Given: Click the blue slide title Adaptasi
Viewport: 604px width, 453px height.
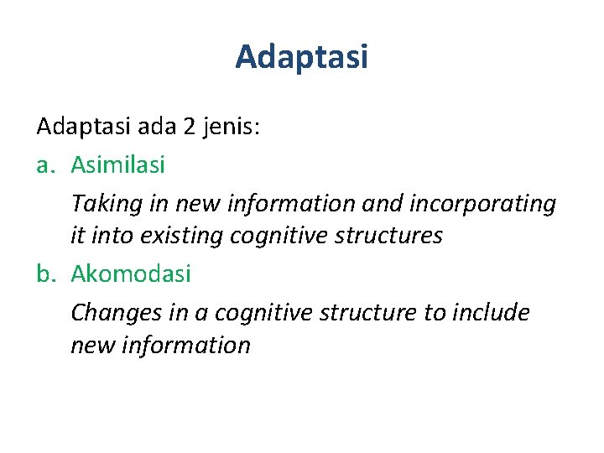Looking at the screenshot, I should tap(301, 58).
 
